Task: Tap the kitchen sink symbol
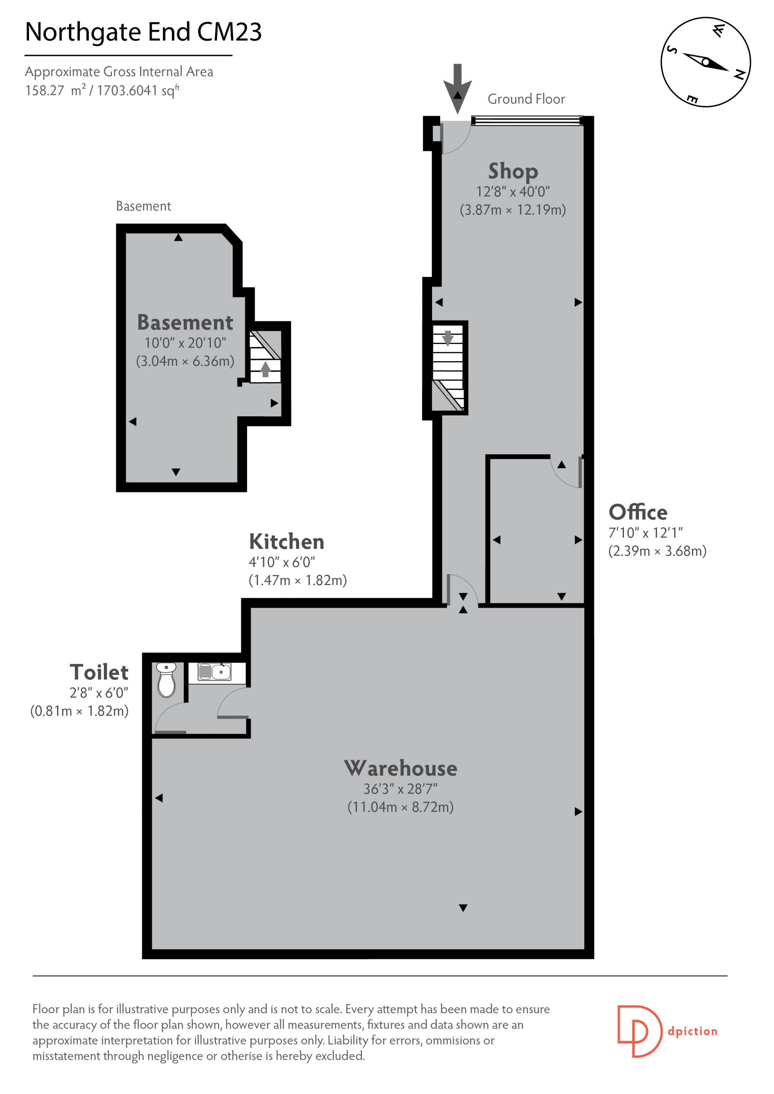point(215,671)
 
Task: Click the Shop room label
point(513,171)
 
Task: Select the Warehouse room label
point(400,768)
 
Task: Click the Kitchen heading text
point(286,542)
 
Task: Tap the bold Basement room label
point(185,323)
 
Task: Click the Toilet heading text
point(99,672)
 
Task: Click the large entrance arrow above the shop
point(458,88)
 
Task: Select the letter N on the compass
point(739,75)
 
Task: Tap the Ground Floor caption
point(526,99)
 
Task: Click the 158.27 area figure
point(44,91)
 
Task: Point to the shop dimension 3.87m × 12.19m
point(513,210)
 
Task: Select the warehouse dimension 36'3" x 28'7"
point(400,789)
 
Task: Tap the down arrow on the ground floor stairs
point(447,338)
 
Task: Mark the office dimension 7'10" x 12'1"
point(646,533)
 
